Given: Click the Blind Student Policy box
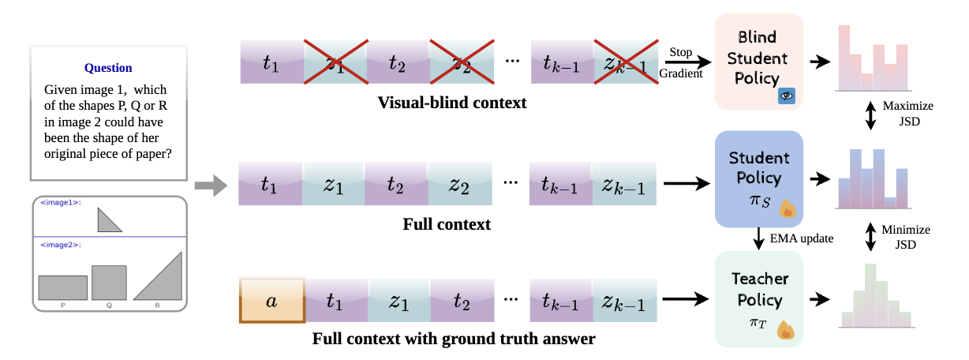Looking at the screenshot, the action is (x=759, y=62).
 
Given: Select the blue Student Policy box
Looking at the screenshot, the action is (x=759, y=178).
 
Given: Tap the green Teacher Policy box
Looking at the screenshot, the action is (x=759, y=299).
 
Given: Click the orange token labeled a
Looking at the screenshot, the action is (x=272, y=301).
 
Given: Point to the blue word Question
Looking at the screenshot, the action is (x=108, y=68).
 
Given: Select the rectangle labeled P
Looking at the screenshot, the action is (x=62, y=287).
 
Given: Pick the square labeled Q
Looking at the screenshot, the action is (x=109, y=283).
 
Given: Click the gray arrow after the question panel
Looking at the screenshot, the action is (x=211, y=186).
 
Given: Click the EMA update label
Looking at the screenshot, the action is (x=801, y=238).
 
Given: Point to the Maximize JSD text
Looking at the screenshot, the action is (x=908, y=114).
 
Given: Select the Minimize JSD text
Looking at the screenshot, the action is (x=906, y=237).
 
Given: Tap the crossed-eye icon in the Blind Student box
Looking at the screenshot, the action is (x=787, y=96).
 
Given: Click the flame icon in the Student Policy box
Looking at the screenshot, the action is (x=788, y=208).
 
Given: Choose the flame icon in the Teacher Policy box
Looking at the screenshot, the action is (x=786, y=330).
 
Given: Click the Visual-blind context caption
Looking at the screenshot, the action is (x=452, y=103).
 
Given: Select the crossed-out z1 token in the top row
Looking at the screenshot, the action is (x=335, y=62).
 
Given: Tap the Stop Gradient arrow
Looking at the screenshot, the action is (x=688, y=62).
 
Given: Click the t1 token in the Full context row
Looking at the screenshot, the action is (x=271, y=184).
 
